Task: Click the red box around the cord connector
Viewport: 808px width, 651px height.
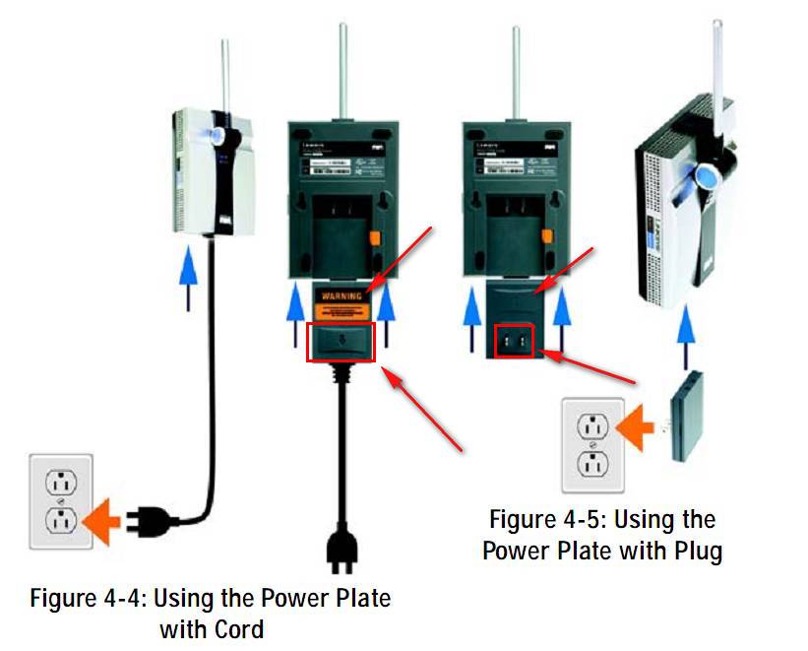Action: click(x=341, y=341)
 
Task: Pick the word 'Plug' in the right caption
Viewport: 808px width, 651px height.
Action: click(x=694, y=551)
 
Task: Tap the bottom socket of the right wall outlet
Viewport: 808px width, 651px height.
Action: click(x=591, y=463)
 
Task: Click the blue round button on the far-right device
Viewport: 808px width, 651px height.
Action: click(x=706, y=174)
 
